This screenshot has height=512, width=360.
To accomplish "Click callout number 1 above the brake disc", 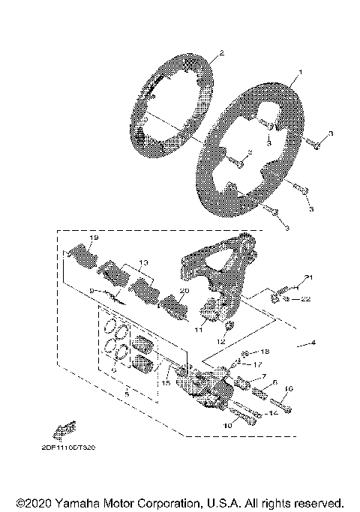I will pyautogui.click(x=300, y=73).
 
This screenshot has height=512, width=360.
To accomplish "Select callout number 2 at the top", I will pyautogui.click(x=221, y=53).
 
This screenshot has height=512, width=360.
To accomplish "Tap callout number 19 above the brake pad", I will pyautogui.click(x=93, y=238).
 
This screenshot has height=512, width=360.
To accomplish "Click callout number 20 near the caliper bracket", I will pyautogui.click(x=184, y=291).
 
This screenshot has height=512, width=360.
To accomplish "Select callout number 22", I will pyautogui.click(x=305, y=300).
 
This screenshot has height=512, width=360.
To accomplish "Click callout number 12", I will pyautogui.click(x=220, y=342).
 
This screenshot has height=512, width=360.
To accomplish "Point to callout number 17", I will pyautogui.click(x=259, y=364).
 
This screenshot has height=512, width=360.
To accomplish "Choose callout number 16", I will pyautogui.click(x=289, y=389).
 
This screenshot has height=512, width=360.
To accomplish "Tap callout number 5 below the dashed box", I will pyautogui.click(x=126, y=392).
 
